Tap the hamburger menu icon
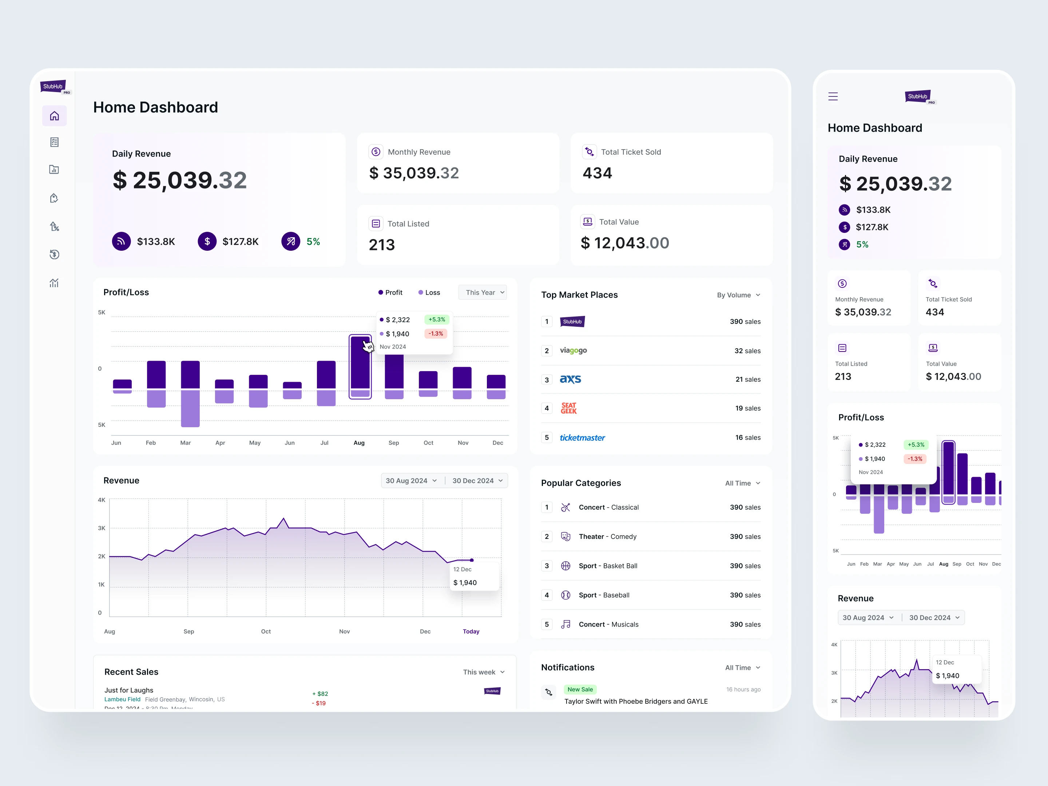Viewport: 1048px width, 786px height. [833, 97]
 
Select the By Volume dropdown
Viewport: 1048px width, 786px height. [738, 295]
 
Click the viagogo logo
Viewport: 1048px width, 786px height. [573, 350]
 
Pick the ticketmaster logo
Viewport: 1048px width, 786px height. [582, 438]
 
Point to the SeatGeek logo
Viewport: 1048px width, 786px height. [568, 408]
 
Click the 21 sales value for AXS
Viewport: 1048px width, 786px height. [748, 380]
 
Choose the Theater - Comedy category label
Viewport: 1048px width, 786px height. [607, 537]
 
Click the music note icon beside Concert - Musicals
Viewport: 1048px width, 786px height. [566, 624]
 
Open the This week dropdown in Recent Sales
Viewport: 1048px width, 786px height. [484, 672]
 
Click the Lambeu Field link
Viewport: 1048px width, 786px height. [122, 700]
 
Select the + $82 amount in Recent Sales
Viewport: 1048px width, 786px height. [320, 694]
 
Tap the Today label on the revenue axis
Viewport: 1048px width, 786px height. [471, 632]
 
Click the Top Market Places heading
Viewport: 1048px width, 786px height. [579, 295]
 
